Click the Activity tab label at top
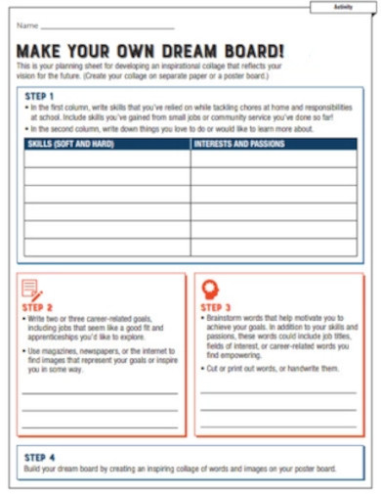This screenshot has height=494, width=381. [x=343, y=7]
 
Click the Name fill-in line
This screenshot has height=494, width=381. [x=107, y=26]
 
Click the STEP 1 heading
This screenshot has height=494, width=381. [x=39, y=95]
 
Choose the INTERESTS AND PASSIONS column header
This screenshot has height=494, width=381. [x=239, y=144]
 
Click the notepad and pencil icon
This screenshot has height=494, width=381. [x=32, y=291]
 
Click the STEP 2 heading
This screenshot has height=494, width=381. [x=38, y=308]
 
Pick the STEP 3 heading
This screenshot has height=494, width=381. [x=216, y=307]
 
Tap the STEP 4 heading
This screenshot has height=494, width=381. [x=39, y=457]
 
